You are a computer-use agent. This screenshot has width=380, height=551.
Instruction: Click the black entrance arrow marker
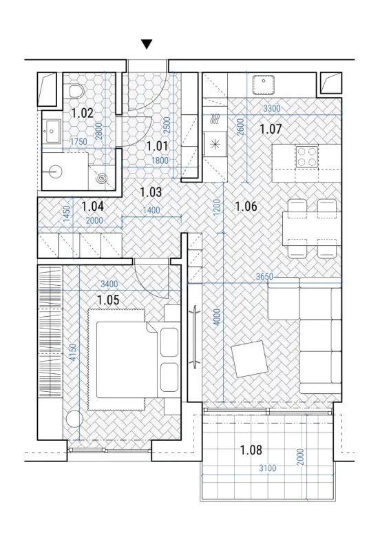[147, 44]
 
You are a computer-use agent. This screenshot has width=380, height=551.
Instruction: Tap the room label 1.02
[82, 113]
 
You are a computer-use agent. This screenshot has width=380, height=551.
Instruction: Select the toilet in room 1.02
[76, 91]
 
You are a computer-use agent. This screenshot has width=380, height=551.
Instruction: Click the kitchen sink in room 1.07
[263, 84]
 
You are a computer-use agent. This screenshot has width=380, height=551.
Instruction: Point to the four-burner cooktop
[307, 157]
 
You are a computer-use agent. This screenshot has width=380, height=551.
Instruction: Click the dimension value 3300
[272, 109]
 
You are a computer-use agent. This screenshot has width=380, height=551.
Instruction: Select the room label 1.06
[246, 206]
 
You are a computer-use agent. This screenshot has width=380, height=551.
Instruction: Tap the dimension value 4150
[73, 353]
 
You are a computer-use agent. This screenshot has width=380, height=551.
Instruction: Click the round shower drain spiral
[103, 178]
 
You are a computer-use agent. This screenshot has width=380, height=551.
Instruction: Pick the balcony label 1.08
[251, 450]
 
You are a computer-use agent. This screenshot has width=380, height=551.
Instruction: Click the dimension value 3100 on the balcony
[268, 468]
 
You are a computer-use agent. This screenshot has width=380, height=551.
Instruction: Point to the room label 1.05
[108, 300]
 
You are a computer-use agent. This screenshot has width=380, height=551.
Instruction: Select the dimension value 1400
[151, 211]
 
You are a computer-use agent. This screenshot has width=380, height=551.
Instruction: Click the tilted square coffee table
[251, 358]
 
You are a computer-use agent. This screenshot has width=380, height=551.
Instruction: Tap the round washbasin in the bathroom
[55, 171]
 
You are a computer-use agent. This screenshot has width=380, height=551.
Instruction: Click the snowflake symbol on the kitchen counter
[215, 144]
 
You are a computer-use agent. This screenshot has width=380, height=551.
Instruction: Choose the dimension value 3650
[264, 277]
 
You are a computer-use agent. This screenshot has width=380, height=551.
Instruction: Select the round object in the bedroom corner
[74, 419]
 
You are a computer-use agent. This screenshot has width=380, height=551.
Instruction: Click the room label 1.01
[157, 146]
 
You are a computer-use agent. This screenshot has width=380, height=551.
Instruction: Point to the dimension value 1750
[78, 142]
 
